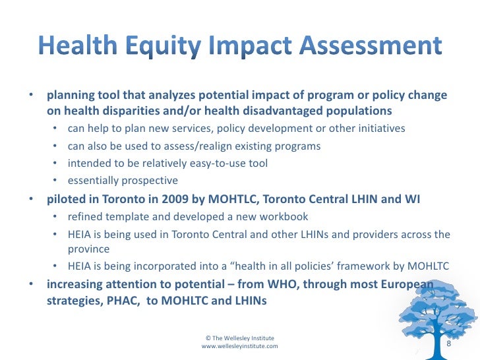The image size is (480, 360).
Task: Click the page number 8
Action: click(x=449, y=344)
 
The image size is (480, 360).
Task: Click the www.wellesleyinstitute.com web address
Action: click(x=239, y=345)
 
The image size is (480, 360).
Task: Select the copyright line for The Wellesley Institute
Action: click(x=239, y=337)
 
